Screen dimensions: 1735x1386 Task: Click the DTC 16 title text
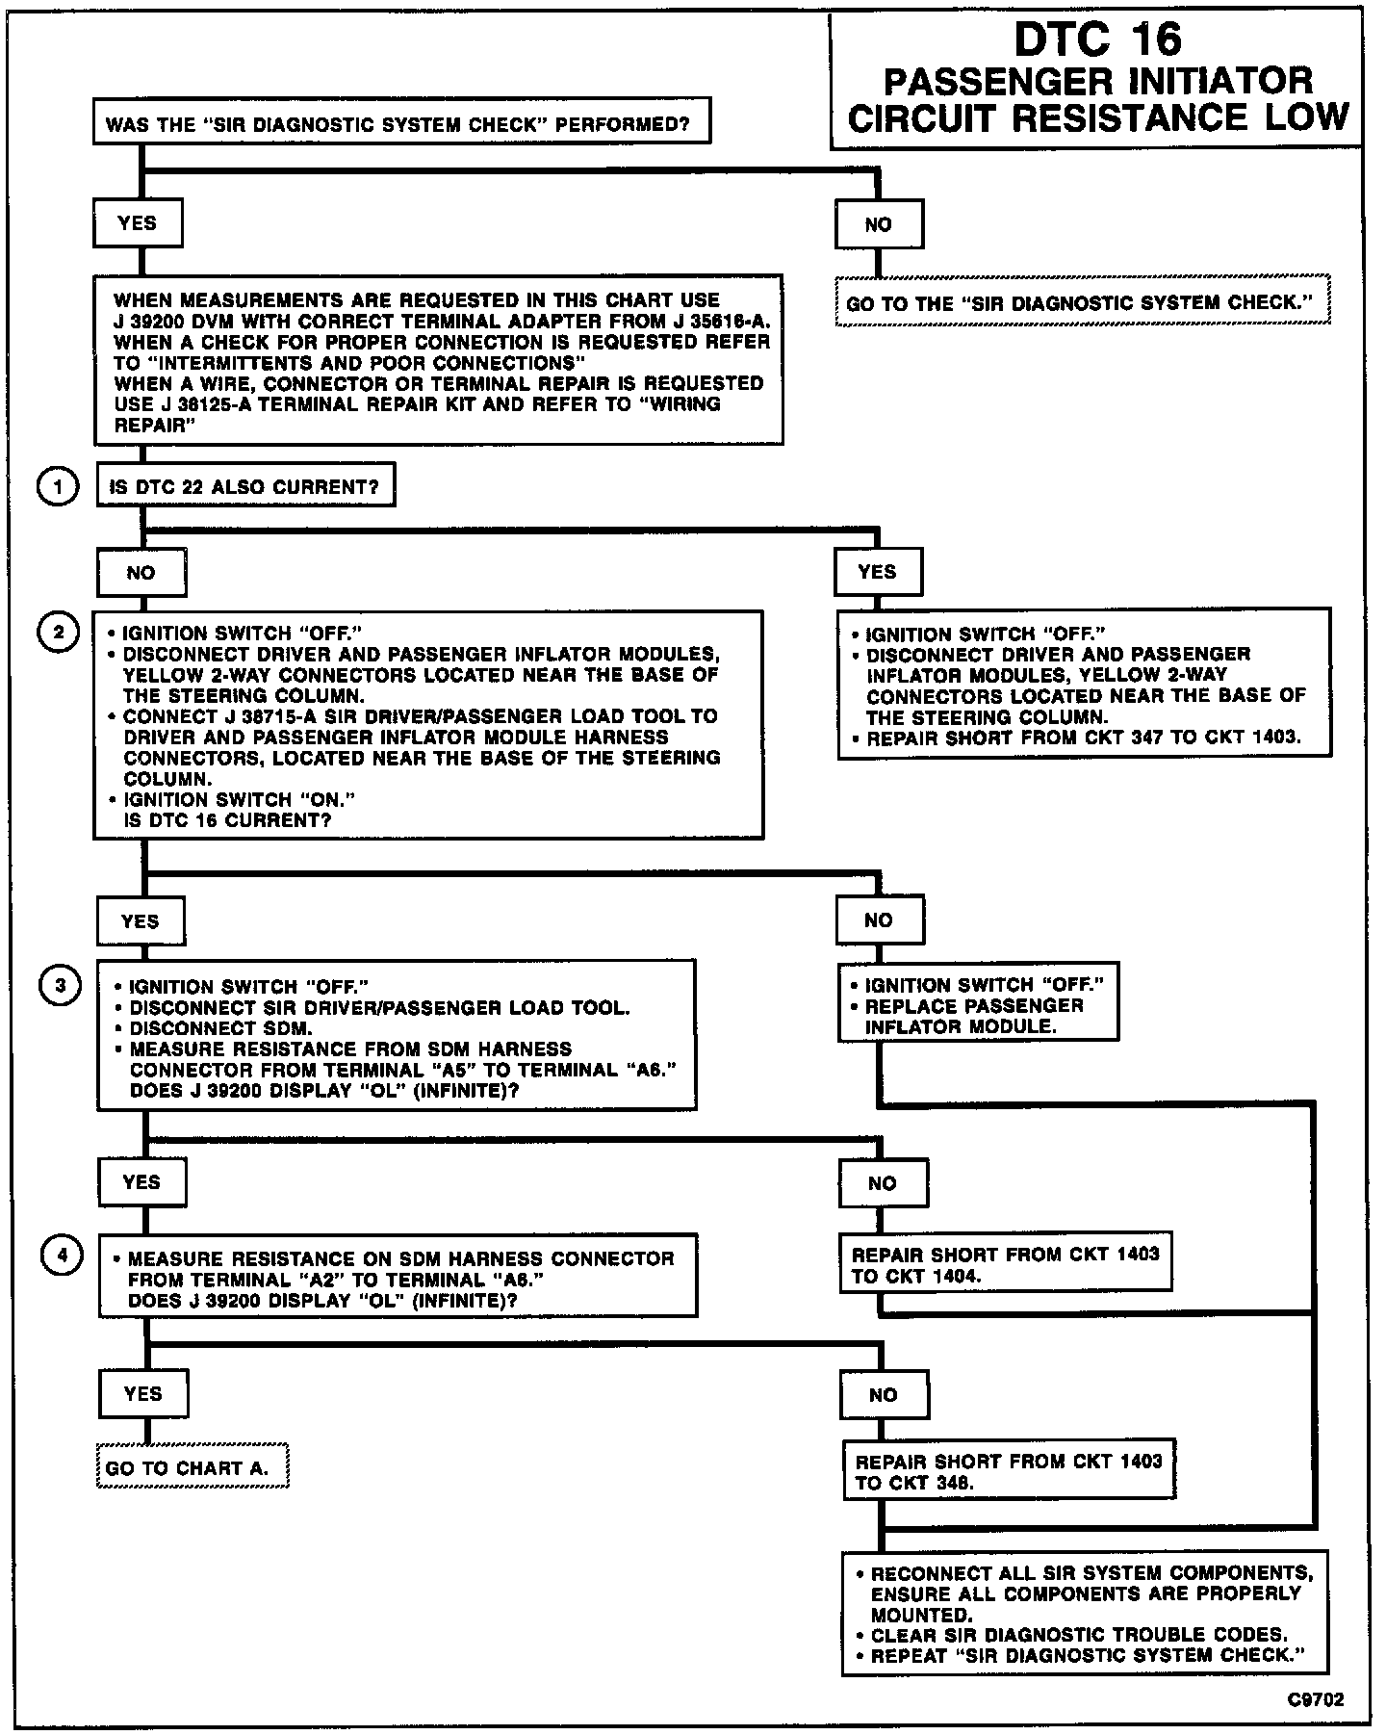1097,39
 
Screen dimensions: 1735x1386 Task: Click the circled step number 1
58,487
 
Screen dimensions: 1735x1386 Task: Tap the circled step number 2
58,633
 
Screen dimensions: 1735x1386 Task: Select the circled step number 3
60,986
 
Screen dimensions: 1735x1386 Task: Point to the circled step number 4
62,1256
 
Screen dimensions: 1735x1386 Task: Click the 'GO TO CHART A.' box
192,1467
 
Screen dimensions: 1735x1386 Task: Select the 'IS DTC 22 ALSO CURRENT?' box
245,487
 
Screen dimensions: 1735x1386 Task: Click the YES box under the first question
138,223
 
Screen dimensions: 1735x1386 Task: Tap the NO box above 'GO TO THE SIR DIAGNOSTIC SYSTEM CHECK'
879,224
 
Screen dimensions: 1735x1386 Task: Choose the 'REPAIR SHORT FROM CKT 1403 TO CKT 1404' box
1006,1264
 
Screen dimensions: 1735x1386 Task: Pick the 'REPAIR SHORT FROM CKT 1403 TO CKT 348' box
1009,1471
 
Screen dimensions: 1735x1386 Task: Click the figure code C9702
1317,1699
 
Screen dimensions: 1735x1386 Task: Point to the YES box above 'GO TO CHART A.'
143,1393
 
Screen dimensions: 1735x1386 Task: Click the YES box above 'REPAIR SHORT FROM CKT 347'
878,572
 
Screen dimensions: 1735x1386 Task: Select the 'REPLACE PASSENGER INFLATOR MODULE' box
978,1005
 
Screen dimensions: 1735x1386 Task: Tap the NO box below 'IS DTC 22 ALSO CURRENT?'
141,573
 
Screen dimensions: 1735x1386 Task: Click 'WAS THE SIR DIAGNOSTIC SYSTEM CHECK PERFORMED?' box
402,123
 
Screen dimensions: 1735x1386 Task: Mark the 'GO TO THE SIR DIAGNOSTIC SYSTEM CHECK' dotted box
1083,303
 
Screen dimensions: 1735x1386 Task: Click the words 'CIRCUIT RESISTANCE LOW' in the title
1097,117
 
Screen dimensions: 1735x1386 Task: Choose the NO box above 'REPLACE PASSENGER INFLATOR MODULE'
879,920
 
